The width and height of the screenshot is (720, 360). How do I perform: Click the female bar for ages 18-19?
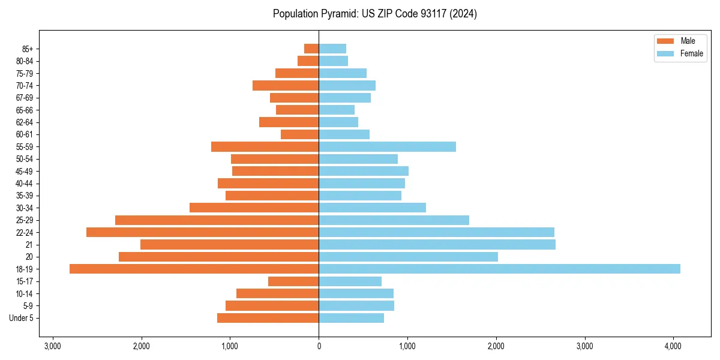(499, 269)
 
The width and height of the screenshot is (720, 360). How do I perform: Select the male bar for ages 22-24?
(202, 232)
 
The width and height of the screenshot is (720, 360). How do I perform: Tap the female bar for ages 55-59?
(387, 146)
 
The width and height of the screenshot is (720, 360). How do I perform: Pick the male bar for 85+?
(311, 49)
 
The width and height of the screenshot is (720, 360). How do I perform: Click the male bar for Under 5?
(268, 318)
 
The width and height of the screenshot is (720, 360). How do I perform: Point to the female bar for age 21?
(437, 244)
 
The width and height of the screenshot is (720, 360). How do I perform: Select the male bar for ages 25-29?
(217, 220)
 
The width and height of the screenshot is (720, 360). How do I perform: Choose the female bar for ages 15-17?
(350, 281)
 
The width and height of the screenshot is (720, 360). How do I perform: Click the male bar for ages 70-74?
(286, 85)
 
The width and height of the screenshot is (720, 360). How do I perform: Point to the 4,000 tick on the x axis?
(673, 346)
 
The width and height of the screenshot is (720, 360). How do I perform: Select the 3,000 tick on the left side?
(53, 346)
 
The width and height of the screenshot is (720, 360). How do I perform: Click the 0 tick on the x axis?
(319, 346)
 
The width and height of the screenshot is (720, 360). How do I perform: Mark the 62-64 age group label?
(25, 122)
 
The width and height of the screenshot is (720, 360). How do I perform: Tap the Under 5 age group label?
(22, 318)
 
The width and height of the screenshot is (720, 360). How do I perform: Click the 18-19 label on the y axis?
(25, 269)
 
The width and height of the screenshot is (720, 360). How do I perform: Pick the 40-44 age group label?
(25, 184)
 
